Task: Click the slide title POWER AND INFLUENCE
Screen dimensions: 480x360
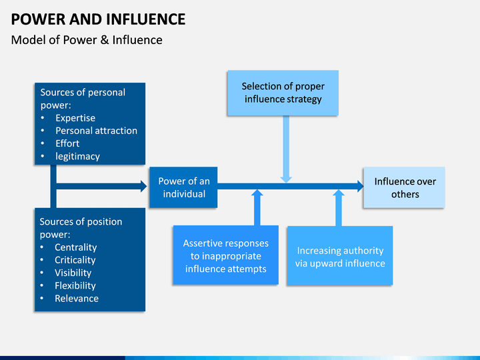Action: click(x=98, y=19)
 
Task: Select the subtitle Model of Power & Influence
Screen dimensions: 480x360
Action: click(x=87, y=40)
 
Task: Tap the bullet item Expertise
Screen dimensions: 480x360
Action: click(x=75, y=118)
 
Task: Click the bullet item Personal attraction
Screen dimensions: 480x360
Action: click(x=96, y=131)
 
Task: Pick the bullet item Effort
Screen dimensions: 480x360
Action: click(x=67, y=143)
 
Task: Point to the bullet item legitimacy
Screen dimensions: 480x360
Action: click(x=77, y=157)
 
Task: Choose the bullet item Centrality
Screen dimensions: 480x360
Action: click(x=75, y=247)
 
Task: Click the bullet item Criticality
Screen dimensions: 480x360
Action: click(x=75, y=260)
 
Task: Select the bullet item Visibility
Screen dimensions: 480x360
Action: click(x=73, y=273)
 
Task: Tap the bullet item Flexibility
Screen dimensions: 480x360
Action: click(x=75, y=285)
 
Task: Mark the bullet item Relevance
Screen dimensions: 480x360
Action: click(x=77, y=299)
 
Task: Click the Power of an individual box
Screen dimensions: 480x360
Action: click(x=183, y=187)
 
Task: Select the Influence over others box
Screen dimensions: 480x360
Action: click(x=404, y=187)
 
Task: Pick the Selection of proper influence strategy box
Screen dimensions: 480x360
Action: click(x=283, y=93)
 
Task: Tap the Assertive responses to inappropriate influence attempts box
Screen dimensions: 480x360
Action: click(x=225, y=255)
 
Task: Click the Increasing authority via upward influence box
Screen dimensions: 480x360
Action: click(x=340, y=255)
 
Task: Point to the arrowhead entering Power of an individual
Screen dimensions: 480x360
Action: click(x=143, y=186)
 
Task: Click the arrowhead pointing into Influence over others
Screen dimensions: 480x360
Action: click(x=360, y=186)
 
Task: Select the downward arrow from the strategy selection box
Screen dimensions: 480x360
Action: click(x=286, y=149)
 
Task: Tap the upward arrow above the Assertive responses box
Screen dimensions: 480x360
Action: click(x=257, y=207)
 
